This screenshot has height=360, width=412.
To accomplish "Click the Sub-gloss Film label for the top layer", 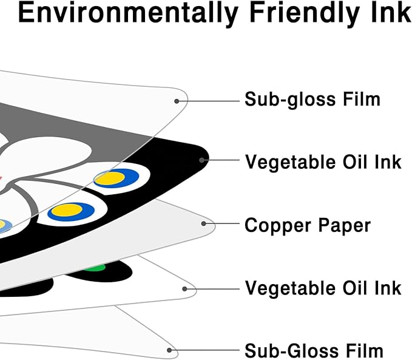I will click(x=312, y=99).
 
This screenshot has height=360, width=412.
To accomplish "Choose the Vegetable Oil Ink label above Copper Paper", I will click(x=323, y=162).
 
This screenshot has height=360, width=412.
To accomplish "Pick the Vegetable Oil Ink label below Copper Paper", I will click(x=323, y=287).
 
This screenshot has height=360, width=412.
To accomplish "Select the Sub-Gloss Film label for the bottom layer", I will click(x=314, y=350).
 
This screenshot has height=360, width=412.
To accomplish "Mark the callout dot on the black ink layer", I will click(x=201, y=161).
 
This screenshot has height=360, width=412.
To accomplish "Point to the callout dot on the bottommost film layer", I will click(x=171, y=349).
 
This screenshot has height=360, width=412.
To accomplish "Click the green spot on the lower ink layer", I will click(x=94, y=268).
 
